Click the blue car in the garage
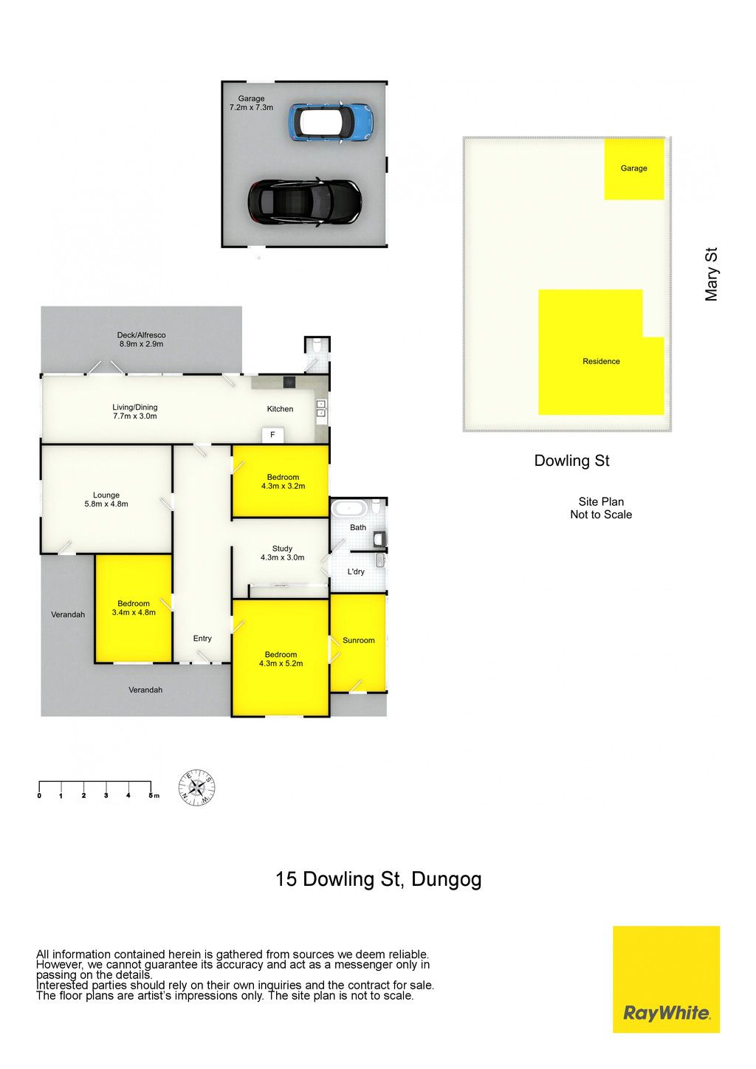[x=330, y=121]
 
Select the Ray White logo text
[x=666, y=1012]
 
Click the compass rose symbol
[x=196, y=787]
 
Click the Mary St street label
[x=711, y=274]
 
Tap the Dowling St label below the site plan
[x=571, y=461]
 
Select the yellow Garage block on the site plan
[x=634, y=169]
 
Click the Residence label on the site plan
[x=601, y=361]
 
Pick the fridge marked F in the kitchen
[x=272, y=435]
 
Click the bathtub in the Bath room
[x=349, y=508]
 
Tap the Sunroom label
[x=358, y=641]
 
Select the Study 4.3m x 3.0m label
[x=282, y=553]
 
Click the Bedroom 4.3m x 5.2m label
[x=281, y=659]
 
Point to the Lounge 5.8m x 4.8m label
[x=106, y=500]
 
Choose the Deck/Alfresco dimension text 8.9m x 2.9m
[x=141, y=344]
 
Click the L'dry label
[x=356, y=571]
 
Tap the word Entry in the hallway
[x=202, y=639]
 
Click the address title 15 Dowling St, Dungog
[x=379, y=879]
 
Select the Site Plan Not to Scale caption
[x=601, y=508]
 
